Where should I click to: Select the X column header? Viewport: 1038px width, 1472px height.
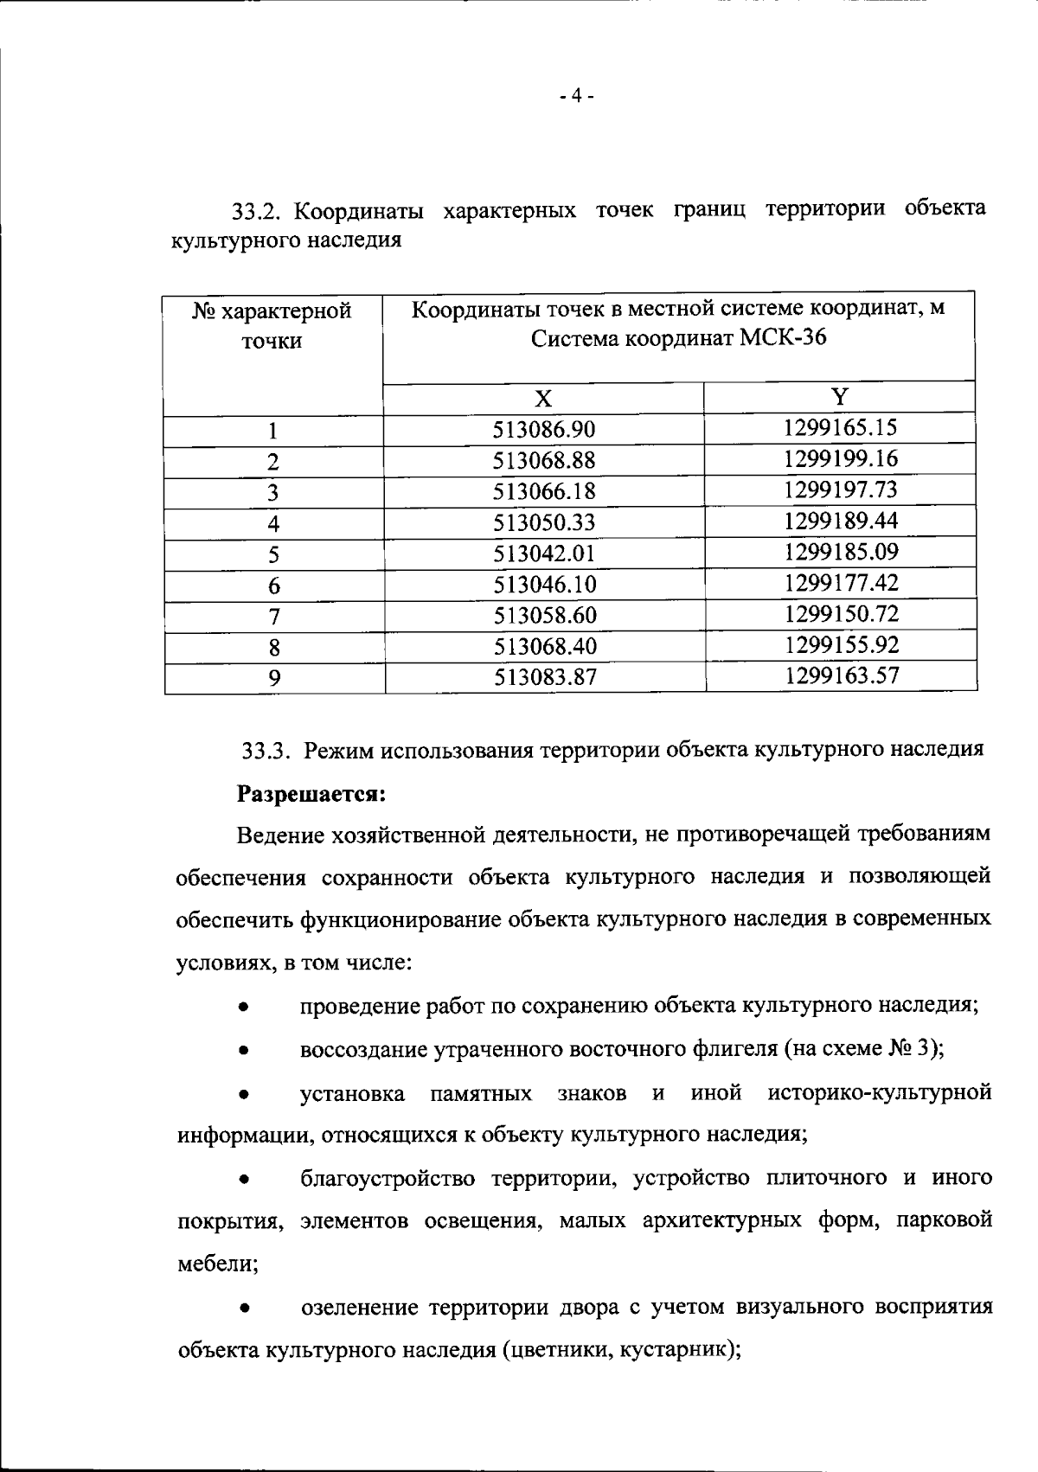tap(543, 399)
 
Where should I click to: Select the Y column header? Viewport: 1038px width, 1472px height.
tap(840, 397)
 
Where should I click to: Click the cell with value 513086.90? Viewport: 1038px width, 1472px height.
tap(544, 430)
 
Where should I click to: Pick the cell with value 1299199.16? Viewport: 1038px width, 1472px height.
tap(841, 458)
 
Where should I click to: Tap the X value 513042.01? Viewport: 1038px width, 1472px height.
tap(544, 554)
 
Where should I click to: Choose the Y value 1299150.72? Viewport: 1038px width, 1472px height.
tap(841, 614)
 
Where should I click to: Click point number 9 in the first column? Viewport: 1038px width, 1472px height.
tap(273, 678)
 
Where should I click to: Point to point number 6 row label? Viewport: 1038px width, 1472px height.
tap(273, 586)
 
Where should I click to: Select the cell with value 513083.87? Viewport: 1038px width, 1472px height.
tap(544, 677)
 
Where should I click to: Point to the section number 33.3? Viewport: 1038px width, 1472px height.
tap(265, 750)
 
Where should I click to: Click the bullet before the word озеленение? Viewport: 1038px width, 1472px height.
tap(246, 1309)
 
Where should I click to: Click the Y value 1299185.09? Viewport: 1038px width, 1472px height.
tap(841, 552)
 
